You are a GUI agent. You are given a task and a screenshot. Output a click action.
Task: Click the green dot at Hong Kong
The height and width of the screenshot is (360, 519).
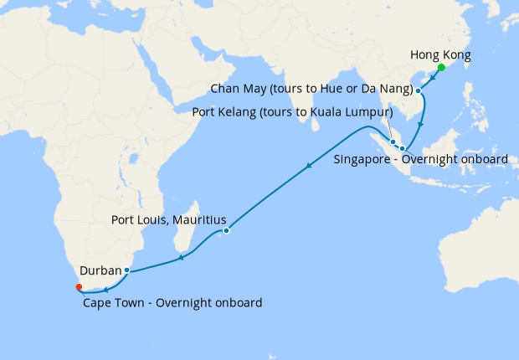point(441,67)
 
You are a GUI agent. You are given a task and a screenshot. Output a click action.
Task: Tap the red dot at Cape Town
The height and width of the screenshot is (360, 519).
point(79,286)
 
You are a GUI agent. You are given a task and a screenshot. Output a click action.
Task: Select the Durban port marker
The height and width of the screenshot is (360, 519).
point(126,270)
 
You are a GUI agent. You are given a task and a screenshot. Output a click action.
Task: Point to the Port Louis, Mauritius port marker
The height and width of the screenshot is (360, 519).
point(226,230)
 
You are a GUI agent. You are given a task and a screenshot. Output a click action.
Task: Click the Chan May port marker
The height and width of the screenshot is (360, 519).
point(418,90)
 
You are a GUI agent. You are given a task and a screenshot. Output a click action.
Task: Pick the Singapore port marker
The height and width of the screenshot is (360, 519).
point(402,148)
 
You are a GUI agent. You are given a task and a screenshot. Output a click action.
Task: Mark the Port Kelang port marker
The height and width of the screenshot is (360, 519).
point(393,141)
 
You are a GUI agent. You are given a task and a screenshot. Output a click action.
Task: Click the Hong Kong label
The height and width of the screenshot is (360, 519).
point(440,55)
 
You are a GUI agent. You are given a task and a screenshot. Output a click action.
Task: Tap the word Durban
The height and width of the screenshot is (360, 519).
point(101,271)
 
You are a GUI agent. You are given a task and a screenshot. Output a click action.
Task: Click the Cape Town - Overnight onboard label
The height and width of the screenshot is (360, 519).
point(172,302)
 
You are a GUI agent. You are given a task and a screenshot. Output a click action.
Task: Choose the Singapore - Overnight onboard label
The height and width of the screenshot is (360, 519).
point(420,159)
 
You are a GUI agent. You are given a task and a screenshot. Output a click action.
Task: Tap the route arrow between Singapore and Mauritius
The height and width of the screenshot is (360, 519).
point(309,167)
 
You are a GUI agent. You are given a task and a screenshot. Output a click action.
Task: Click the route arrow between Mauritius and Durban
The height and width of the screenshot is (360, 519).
point(182,257)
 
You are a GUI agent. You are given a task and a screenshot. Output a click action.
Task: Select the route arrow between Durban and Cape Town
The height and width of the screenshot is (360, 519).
point(105,290)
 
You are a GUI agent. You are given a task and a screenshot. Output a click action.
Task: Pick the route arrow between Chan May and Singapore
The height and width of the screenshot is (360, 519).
point(421,125)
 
